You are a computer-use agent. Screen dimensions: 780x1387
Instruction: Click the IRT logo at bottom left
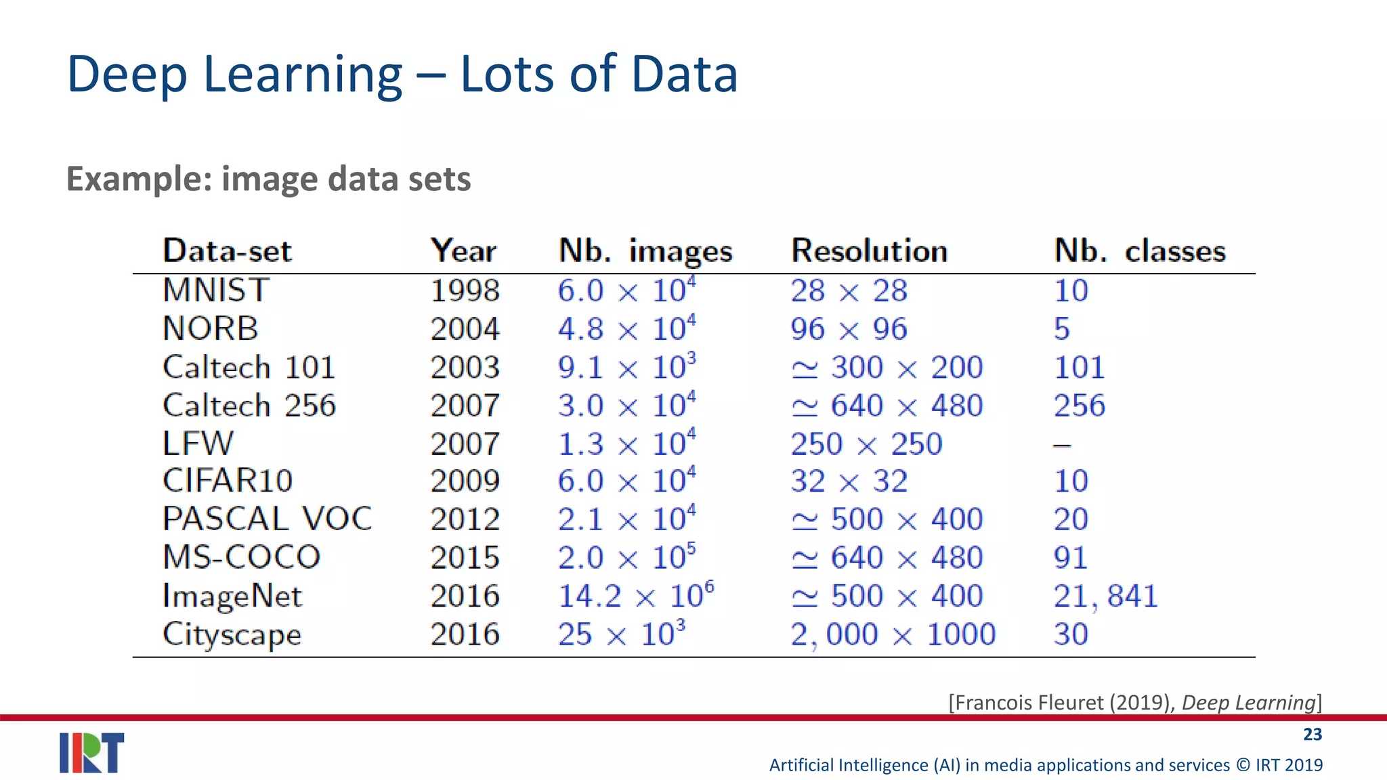[x=91, y=752]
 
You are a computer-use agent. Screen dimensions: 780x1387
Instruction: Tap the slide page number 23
[x=1312, y=735]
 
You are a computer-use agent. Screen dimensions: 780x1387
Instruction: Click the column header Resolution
[x=869, y=251]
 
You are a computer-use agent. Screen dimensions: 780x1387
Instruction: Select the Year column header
[x=463, y=251]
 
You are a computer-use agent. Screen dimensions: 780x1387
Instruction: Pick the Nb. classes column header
[x=1139, y=251]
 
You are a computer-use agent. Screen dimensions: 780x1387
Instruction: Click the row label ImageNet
[x=232, y=597]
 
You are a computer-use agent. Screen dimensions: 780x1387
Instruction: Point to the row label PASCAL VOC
[x=268, y=519]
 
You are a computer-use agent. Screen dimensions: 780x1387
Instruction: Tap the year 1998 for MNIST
[x=465, y=291]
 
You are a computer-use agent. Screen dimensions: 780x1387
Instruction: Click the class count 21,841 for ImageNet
[x=1105, y=597]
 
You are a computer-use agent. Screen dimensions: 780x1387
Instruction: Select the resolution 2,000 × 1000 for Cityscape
[x=893, y=635]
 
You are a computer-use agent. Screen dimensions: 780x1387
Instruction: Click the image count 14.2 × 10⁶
[x=635, y=597]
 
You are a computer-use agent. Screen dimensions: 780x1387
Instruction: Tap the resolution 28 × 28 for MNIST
[x=849, y=291]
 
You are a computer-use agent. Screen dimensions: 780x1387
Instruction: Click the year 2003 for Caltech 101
[x=465, y=368]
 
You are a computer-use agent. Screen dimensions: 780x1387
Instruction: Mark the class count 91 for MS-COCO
[x=1070, y=558]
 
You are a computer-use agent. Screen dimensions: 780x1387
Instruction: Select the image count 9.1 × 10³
[x=626, y=368]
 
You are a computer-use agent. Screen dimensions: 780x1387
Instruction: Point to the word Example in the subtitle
[x=139, y=179]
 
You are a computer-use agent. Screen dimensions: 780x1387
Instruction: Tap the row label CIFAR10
[x=228, y=481]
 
